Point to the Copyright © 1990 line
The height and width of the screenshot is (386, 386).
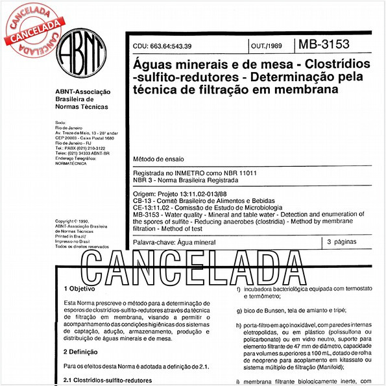(75, 221)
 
